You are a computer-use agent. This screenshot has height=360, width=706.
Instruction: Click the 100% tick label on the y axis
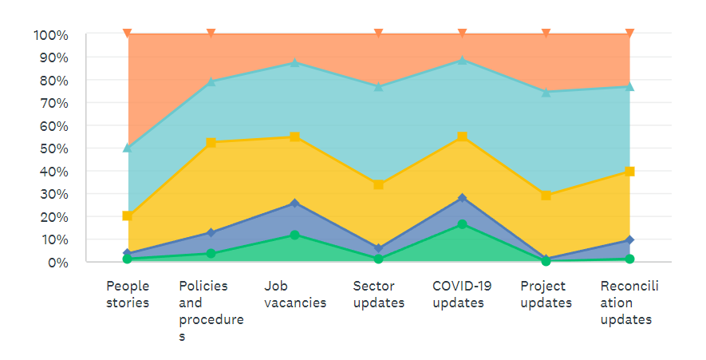click(x=51, y=35)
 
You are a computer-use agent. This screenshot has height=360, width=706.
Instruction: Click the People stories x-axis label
click(x=128, y=295)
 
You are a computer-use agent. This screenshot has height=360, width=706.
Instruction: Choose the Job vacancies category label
click(x=295, y=295)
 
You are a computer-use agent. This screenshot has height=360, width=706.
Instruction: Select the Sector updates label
click(x=379, y=295)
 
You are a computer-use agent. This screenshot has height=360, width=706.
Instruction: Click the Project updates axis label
click(x=546, y=295)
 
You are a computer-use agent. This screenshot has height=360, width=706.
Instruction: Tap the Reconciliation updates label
click(x=629, y=303)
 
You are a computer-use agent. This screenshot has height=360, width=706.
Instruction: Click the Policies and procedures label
click(x=211, y=311)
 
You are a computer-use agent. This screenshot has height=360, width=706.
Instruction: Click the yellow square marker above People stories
click(x=128, y=216)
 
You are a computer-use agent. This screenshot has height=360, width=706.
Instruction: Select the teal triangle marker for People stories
click(x=128, y=148)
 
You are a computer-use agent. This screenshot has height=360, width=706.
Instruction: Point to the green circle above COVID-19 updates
click(x=463, y=224)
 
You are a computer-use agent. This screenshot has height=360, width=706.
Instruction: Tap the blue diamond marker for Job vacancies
click(x=295, y=203)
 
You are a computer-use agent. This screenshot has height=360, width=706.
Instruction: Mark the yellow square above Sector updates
click(x=379, y=184)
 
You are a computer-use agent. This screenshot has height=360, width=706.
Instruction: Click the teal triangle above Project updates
click(x=546, y=92)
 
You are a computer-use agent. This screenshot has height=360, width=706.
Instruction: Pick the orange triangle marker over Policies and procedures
click(x=211, y=34)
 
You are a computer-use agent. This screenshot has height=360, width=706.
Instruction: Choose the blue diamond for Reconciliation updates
click(x=629, y=239)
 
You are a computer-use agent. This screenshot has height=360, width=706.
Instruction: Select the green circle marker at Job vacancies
click(x=295, y=235)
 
